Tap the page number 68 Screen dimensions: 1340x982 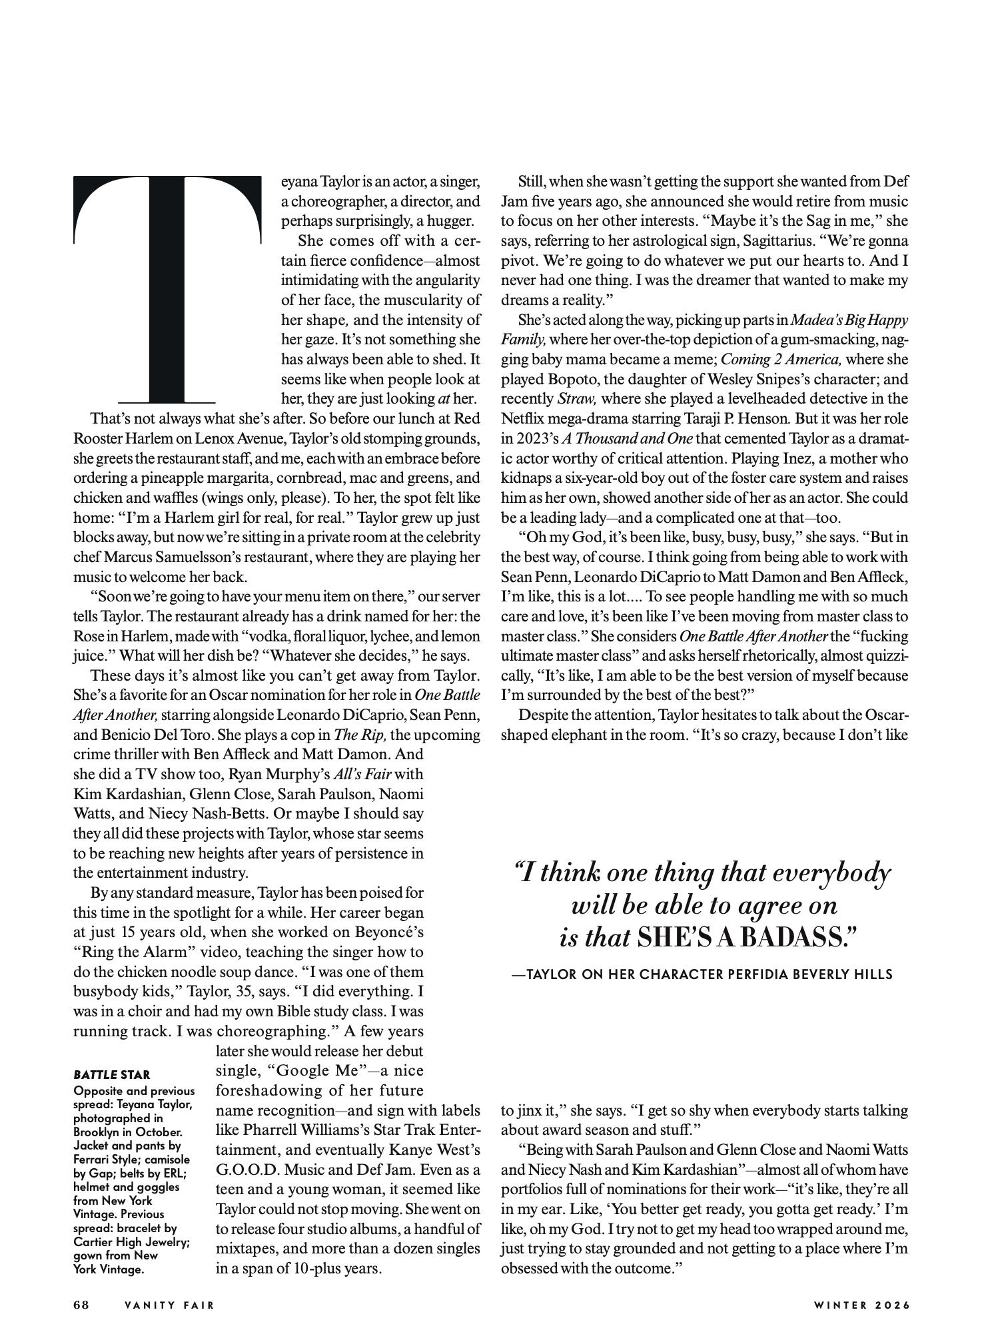pyautogui.click(x=81, y=1305)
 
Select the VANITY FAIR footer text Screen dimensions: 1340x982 pyautogui.click(x=170, y=1305)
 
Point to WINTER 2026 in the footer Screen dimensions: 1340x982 pyautogui.click(x=861, y=1305)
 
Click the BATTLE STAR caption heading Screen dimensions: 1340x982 pyautogui.click(x=112, y=1074)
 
